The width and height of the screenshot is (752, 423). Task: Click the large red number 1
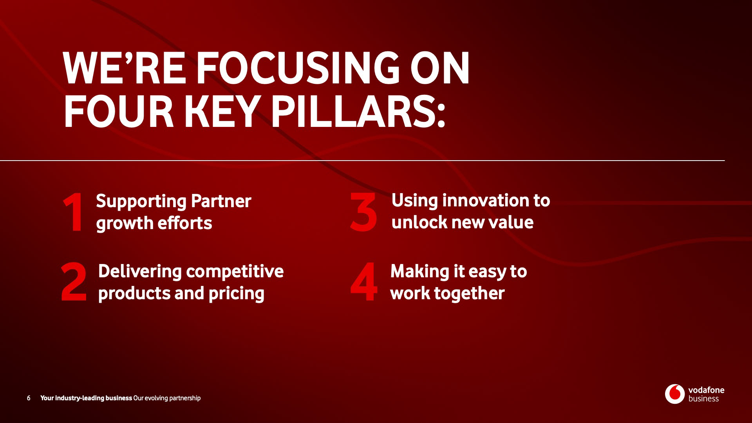coord(74,212)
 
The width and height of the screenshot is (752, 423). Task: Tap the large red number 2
coord(74,282)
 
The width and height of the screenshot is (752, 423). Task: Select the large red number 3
coord(363,211)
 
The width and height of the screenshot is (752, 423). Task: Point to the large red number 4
coord(364,282)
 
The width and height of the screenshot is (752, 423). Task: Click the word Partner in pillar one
coord(221,201)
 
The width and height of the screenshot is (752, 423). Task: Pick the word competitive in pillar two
coord(235,272)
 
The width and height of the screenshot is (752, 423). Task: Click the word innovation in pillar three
coord(485,201)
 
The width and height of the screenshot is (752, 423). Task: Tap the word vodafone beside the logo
coord(706,390)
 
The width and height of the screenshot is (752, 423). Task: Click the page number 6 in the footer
coord(29,398)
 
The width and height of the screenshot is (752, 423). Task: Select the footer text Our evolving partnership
coord(167,398)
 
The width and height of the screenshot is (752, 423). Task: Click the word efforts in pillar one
coord(184,223)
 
